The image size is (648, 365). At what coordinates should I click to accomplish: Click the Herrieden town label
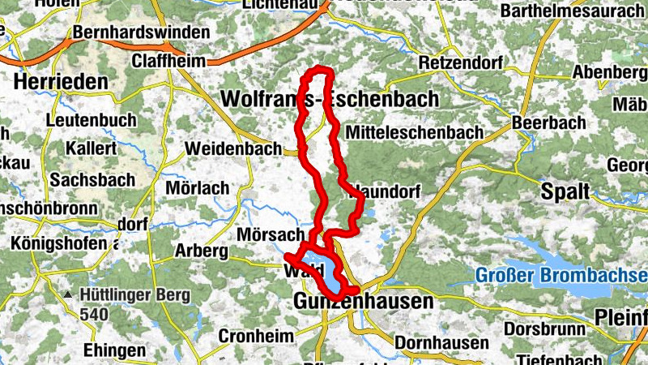61,82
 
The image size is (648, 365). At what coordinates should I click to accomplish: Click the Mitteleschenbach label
413,132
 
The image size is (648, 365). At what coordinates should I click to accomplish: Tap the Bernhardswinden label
141,34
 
